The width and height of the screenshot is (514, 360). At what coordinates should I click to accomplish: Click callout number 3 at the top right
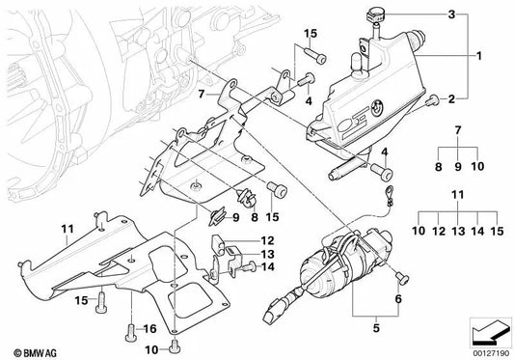coord(451,14)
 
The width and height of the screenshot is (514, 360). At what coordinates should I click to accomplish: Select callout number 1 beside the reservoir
coord(479,56)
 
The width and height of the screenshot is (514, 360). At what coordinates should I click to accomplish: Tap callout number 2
coord(451,98)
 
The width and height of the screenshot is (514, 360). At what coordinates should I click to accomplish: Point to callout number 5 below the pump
coord(376,327)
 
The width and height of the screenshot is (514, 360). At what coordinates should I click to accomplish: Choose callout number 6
coord(398,299)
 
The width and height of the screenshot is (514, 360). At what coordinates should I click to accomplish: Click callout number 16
coord(149,328)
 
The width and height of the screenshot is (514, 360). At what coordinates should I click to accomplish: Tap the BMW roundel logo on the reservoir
coord(377,107)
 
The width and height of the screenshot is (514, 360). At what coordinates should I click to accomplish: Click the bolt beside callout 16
coord(130,333)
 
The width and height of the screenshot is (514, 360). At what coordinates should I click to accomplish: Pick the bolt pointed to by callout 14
coord(250,266)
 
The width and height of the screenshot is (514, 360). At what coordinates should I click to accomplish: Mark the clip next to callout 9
coord(218,216)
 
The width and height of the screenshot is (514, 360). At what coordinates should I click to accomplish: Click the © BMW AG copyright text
coord(35,353)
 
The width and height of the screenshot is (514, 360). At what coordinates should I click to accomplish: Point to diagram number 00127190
coord(492,354)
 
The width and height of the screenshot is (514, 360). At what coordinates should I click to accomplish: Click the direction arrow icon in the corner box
coord(491,332)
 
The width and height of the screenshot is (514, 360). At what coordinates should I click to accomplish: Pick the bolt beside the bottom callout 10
coord(174,346)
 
